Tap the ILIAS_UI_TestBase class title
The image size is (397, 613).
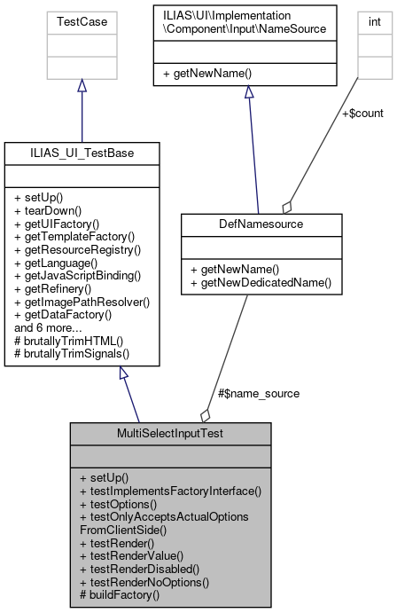[x=82, y=153]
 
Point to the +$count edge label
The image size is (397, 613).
[x=362, y=113]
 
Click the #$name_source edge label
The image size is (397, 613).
[x=258, y=393]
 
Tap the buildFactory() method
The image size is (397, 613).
[x=122, y=594]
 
